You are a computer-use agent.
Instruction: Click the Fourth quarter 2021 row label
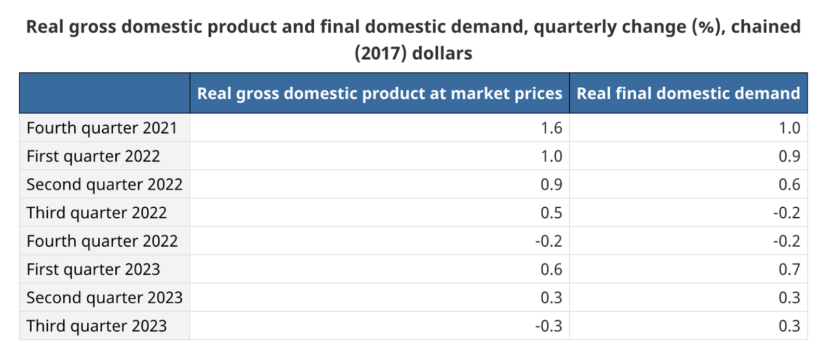tap(102, 128)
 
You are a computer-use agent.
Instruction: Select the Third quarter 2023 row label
tap(97, 326)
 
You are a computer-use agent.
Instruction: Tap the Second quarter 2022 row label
tap(104, 184)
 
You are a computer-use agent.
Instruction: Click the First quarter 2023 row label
tap(93, 269)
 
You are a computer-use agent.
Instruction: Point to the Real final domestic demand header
tap(688, 94)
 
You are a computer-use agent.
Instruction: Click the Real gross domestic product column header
tap(379, 94)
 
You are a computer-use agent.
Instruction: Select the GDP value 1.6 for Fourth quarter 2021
tap(551, 128)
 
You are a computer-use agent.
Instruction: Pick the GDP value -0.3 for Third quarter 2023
tap(548, 326)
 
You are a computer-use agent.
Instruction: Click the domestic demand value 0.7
tap(789, 269)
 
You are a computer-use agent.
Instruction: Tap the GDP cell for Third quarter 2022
tap(551, 213)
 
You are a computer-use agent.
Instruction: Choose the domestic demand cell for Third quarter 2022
tap(786, 213)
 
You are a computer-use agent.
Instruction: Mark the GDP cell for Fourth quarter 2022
tap(548, 241)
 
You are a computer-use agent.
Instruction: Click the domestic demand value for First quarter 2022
tap(789, 156)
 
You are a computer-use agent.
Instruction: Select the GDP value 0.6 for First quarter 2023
tap(551, 269)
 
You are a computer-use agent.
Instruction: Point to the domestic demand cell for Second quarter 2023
tap(789, 298)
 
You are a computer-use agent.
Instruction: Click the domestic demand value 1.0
tap(789, 128)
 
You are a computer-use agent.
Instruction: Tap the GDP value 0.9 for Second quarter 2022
tap(551, 184)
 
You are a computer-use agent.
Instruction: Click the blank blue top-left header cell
tap(104, 94)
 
